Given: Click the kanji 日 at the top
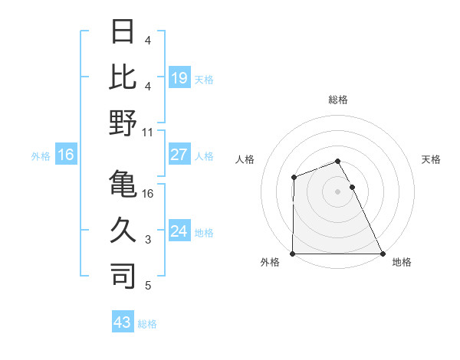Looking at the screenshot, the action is (123, 32).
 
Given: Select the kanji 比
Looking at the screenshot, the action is (123, 77).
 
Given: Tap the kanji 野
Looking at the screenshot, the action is (123, 123).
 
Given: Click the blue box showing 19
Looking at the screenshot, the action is (179, 77).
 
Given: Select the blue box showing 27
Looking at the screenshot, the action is (179, 155).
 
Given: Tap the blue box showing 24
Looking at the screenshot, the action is (179, 231).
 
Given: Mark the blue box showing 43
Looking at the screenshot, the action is (122, 322).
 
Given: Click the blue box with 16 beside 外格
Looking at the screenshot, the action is (66, 155).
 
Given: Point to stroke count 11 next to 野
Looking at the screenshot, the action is (148, 132).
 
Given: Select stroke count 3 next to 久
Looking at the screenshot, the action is (148, 240).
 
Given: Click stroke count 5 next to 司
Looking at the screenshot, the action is (148, 286).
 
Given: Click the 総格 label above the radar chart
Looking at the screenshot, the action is (338, 100).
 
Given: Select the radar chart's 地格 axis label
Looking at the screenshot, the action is (402, 263).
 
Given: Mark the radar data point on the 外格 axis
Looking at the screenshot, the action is (293, 254).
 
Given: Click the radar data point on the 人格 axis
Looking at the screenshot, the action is (294, 178).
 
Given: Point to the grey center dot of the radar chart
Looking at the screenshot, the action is (338, 191).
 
